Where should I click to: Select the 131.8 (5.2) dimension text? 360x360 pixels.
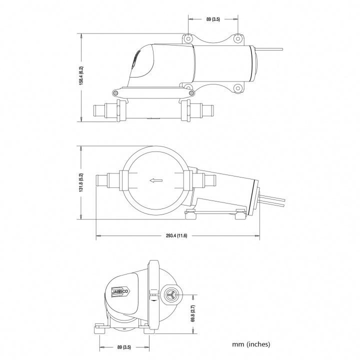point(81,183)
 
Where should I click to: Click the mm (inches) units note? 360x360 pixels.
point(251,344)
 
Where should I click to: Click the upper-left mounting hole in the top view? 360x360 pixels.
point(187,38)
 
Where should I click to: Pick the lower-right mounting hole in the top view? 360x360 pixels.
point(237,89)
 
